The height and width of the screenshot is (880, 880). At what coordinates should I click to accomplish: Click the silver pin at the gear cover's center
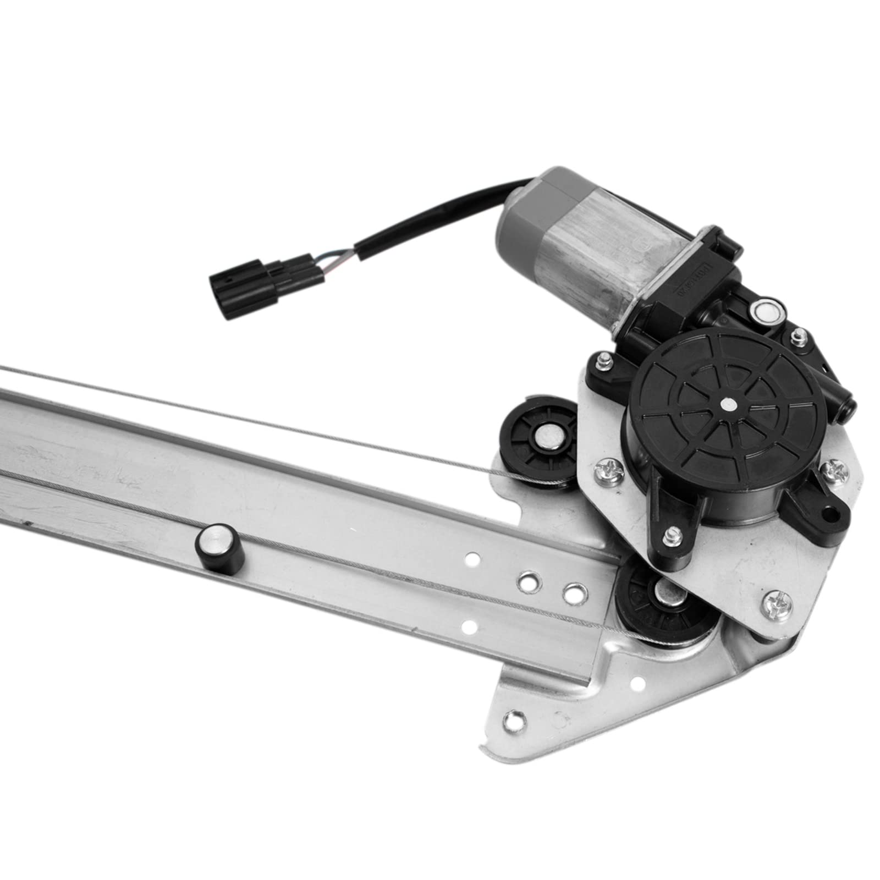[x=728, y=404]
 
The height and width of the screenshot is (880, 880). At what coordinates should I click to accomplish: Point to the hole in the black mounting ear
[x=826, y=514]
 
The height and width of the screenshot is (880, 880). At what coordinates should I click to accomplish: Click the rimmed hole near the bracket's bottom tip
[x=514, y=718]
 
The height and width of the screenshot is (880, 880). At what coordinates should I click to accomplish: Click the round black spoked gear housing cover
[x=727, y=404]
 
